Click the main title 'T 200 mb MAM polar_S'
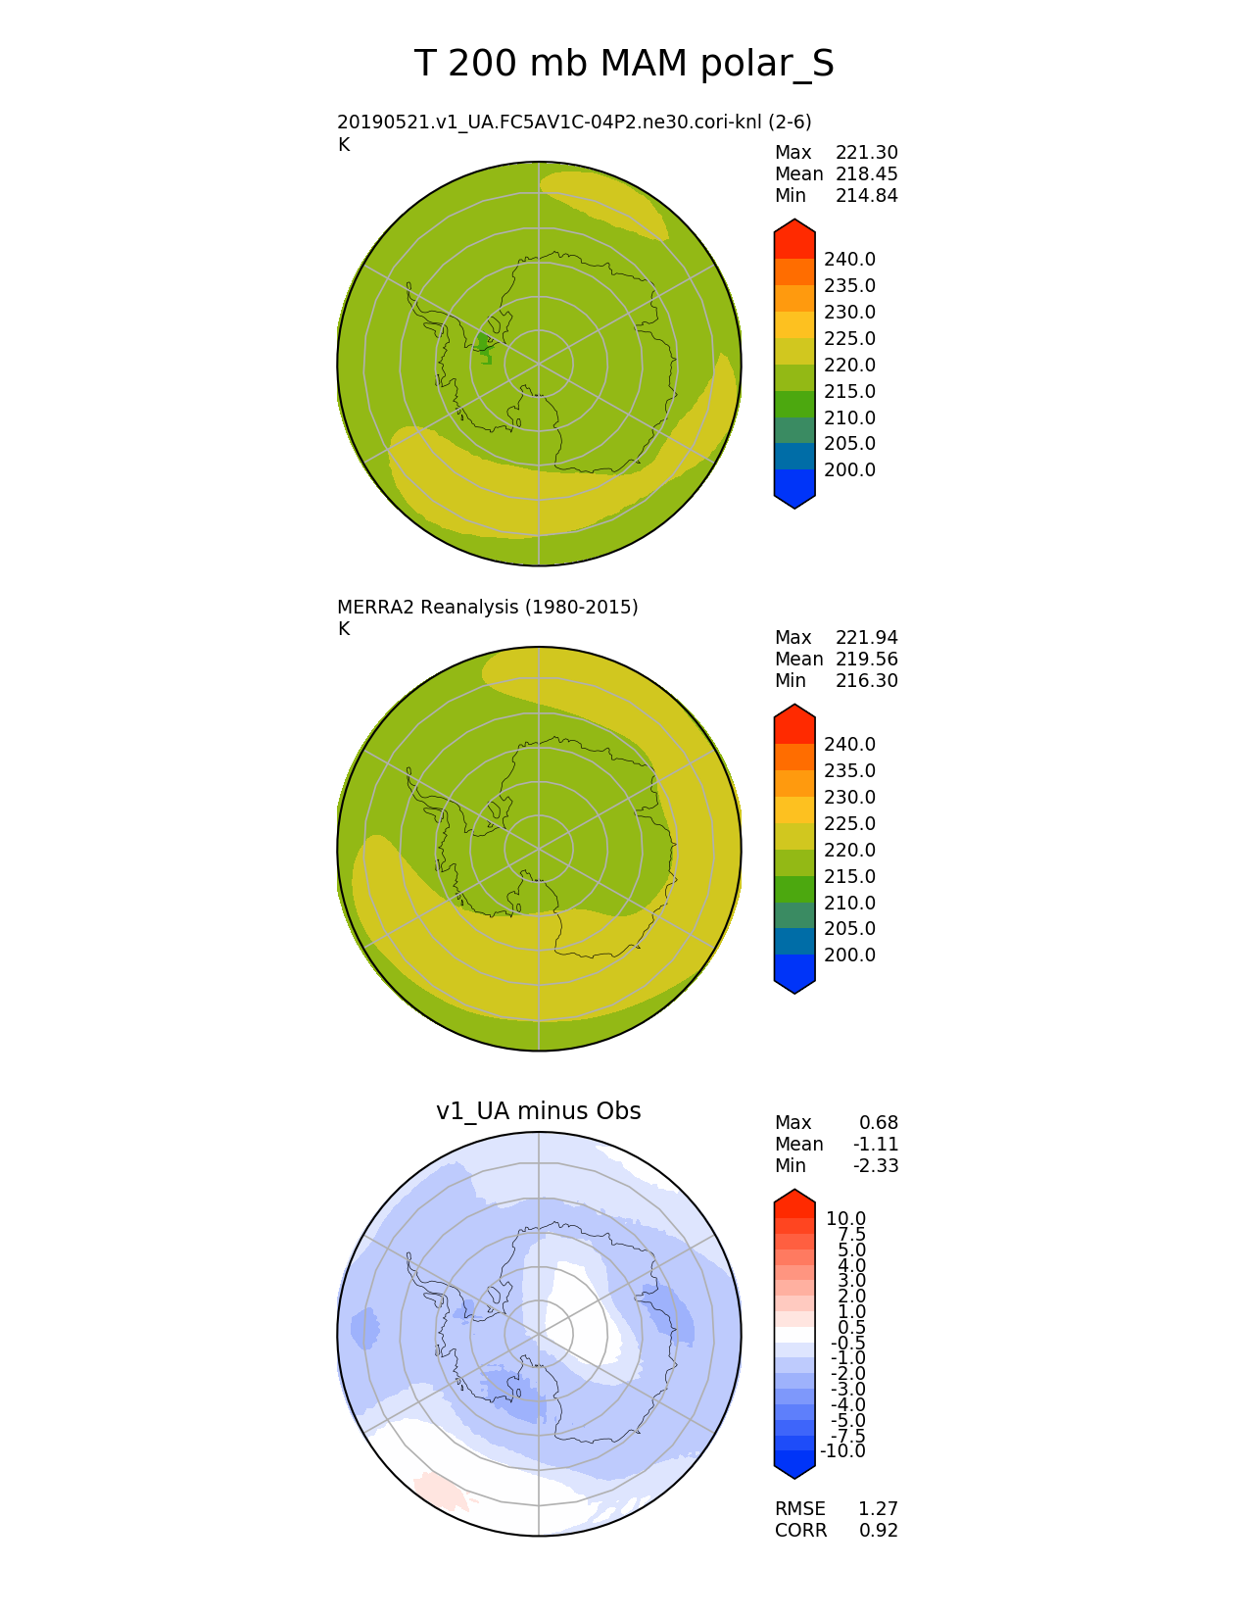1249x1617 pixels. [623, 64]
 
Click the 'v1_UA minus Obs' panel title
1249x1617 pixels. [538, 1110]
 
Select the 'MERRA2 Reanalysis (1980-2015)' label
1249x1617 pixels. [487, 607]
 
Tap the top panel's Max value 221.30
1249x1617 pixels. [866, 153]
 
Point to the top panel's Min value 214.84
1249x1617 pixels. [866, 196]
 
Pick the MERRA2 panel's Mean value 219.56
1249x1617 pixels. [866, 660]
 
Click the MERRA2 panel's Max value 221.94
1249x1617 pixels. [866, 638]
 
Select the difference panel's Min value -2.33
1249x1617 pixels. [876, 1165]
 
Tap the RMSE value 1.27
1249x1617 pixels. [878, 1508]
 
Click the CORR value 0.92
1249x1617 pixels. [878, 1530]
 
